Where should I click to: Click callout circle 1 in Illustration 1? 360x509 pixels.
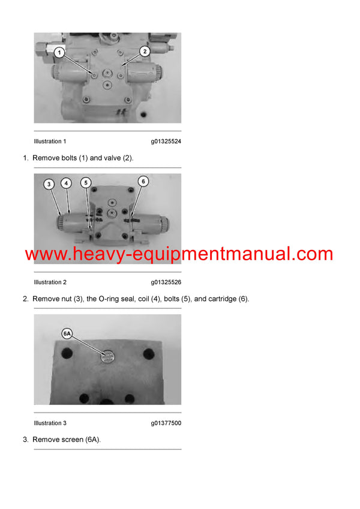tap(59, 52)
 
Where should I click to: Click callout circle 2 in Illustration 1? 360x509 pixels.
tap(145, 52)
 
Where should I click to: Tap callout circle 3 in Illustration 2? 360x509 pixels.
tap(49, 184)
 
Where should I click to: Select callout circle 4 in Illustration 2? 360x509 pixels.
tap(66, 182)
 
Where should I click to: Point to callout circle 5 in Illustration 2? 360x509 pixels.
tap(86, 182)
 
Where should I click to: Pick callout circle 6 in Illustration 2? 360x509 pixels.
tap(143, 180)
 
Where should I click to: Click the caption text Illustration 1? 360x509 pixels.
tap(50, 141)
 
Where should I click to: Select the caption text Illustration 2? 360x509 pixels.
tap(50, 282)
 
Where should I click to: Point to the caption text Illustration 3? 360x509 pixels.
tap(50, 423)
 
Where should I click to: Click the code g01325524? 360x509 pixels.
tap(166, 141)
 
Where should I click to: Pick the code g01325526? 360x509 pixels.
tap(166, 282)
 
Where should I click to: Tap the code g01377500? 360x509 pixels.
tap(166, 423)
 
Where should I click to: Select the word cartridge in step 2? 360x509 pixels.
tap(216, 299)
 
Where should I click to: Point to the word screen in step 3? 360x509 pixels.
tap(71, 439)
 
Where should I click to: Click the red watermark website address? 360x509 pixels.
tap(179, 254)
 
